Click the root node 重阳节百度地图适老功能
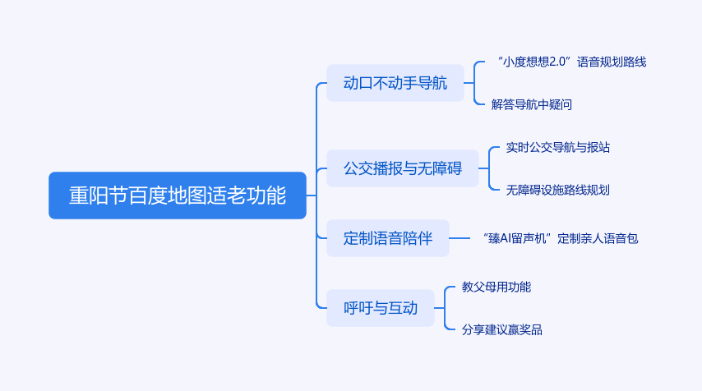point(177,195)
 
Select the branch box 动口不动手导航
point(395,83)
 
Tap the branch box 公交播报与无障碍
point(402,169)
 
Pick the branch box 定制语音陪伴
point(387,239)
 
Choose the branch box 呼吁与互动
point(380,308)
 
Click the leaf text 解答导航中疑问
point(531,104)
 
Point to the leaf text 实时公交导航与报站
point(557,148)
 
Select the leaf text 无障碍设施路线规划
point(557,190)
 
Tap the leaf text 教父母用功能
point(496,287)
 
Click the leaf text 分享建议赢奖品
point(501,330)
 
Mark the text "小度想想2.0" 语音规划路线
point(571,62)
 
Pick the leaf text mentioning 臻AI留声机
point(561,239)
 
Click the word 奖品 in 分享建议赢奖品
point(531,330)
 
